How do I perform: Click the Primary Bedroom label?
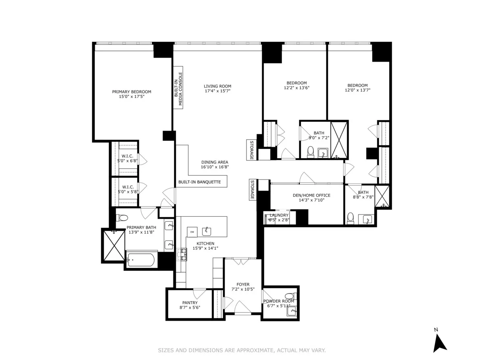click(x=131, y=92)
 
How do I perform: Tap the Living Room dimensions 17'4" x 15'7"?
click(x=217, y=91)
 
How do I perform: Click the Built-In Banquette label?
click(x=200, y=182)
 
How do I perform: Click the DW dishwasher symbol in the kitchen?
click(x=192, y=232)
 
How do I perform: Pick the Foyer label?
click(x=243, y=284)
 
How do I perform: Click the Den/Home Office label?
click(x=311, y=195)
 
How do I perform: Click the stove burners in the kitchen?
click(x=181, y=255)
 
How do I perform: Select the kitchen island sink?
click(x=207, y=231)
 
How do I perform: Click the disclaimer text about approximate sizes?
click(x=242, y=350)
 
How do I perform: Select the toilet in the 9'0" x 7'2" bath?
click(x=311, y=152)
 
